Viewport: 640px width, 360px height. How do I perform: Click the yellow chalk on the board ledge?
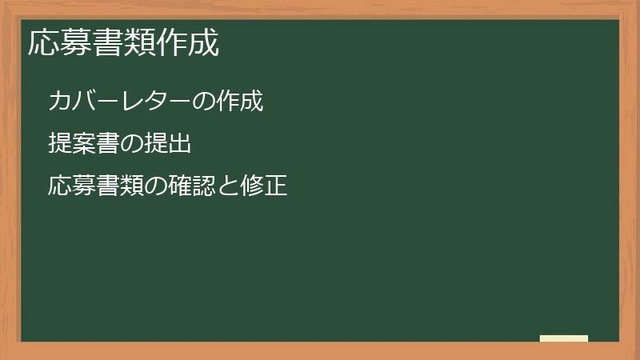tap(564, 338)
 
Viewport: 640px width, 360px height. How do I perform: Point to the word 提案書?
tap(84, 144)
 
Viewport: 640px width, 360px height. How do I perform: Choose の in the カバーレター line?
tap(205, 102)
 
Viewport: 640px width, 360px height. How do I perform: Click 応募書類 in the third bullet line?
tap(96, 187)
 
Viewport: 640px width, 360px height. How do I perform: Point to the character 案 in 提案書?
tap(84, 144)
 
